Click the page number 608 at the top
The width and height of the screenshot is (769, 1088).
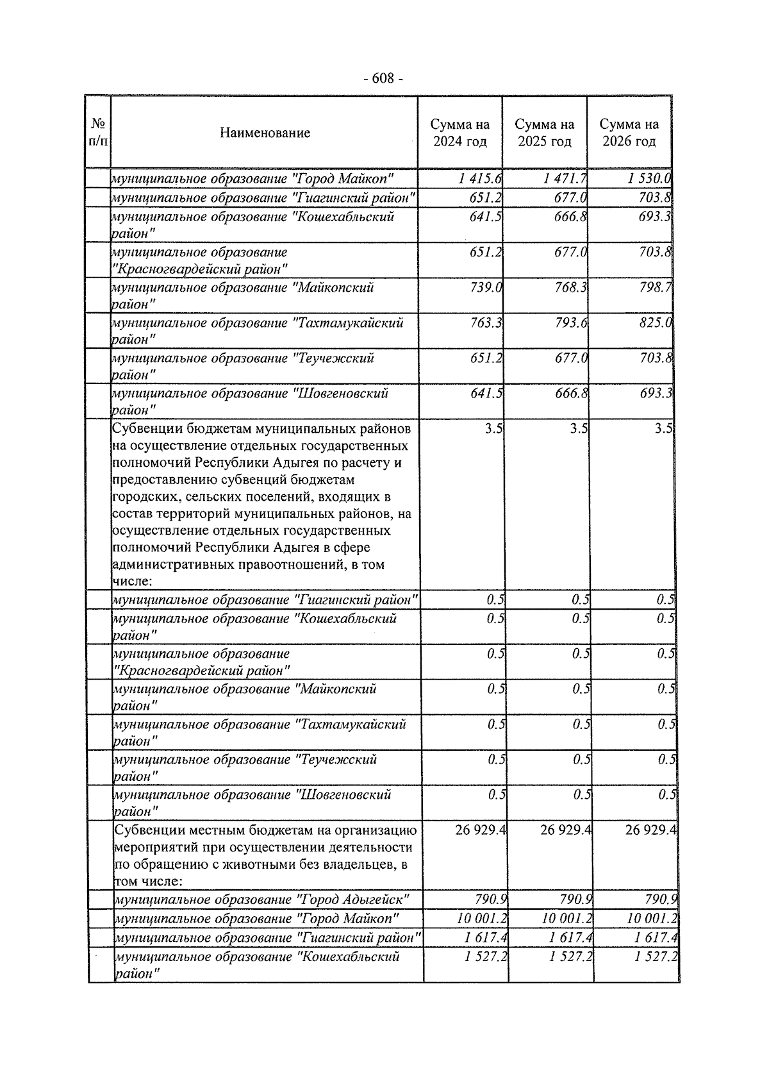[x=383, y=79]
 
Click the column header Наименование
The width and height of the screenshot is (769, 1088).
[x=265, y=133]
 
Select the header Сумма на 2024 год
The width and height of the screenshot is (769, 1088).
[x=459, y=133]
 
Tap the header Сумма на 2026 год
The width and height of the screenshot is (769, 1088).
[x=629, y=133]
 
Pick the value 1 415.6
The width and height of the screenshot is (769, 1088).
[x=480, y=179]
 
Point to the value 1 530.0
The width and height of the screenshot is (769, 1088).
[x=649, y=179]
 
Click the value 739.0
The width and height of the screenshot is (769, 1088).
[x=486, y=288]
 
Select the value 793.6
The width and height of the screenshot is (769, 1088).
[x=571, y=323]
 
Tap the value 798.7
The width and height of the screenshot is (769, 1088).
[x=656, y=288]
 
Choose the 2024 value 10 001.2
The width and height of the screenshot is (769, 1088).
[x=482, y=919]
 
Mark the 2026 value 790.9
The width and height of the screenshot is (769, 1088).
[x=661, y=900]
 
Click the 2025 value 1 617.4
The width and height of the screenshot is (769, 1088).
[x=570, y=938]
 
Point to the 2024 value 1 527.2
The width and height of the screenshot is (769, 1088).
[x=486, y=957]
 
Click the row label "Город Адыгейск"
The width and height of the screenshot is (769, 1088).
[x=262, y=900]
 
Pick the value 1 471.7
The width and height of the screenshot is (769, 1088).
[x=565, y=179]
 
